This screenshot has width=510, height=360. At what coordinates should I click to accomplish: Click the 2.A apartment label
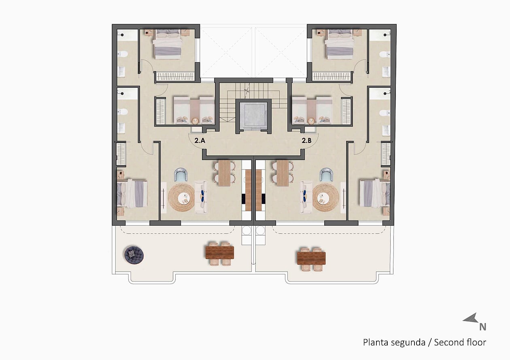(200, 141)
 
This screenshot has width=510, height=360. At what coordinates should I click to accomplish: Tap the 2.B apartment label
(306, 141)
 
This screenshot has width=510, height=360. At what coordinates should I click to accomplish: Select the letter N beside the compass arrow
(482, 327)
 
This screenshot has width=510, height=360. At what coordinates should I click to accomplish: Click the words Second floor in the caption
(460, 342)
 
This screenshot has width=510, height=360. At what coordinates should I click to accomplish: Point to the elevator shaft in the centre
(253, 116)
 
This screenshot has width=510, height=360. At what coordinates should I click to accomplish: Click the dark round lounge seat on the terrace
(134, 255)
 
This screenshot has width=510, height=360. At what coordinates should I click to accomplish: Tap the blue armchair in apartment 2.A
(181, 174)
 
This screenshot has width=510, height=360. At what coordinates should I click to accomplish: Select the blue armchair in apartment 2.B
(326, 174)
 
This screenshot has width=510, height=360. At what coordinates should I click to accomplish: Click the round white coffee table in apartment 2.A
(184, 198)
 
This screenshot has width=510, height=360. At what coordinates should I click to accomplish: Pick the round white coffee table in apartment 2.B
(323, 198)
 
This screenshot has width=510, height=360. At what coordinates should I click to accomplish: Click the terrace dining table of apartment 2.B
(311, 258)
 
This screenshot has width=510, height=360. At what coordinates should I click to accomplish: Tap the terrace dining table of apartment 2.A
(220, 253)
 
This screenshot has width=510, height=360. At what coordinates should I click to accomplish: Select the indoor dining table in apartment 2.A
(224, 173)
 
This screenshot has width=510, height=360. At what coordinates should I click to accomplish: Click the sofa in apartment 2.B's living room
(306, 197)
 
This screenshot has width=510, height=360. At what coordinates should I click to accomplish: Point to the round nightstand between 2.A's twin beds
(195, 121)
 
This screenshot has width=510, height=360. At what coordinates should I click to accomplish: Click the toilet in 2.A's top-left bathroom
(123, 54)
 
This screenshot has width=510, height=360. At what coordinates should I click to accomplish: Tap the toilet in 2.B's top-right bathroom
(385, 54)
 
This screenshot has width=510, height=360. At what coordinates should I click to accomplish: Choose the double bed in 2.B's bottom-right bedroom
(375, 193)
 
